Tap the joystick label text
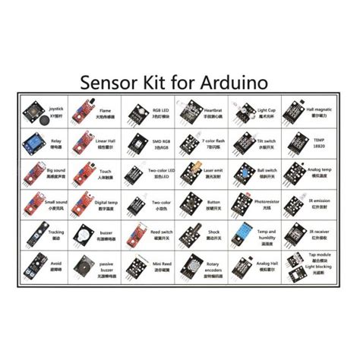[56, 108]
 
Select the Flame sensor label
[106, 109]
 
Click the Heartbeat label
[213, 109]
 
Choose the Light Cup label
[266, 109]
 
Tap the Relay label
[55, 140]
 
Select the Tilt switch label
[266, 140]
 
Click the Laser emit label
[213, 172]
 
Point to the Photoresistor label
[267, 202]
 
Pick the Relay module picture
[30, 139]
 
